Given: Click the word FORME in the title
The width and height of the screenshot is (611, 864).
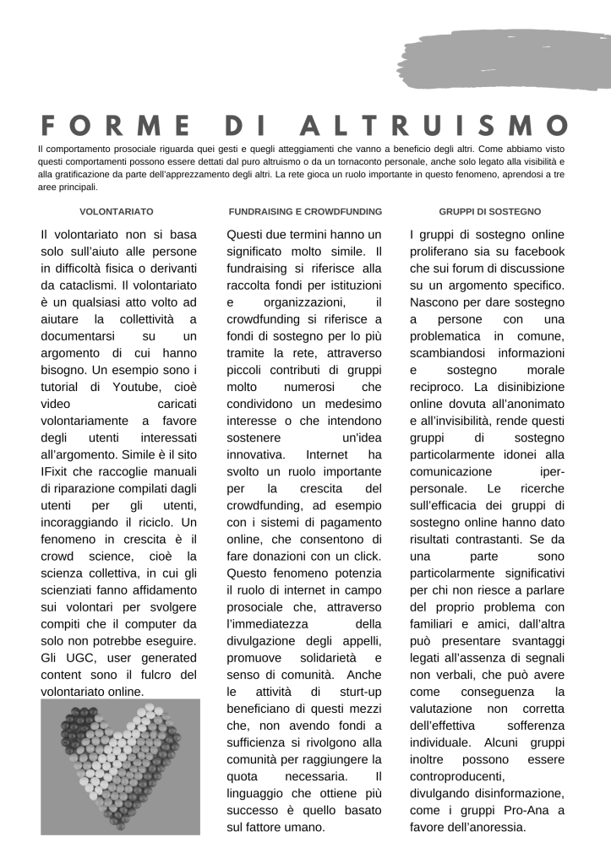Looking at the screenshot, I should pos(117,125).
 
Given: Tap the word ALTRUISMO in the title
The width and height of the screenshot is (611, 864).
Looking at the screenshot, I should pos(434,125).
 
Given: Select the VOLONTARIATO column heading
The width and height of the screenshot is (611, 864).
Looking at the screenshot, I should pos(117,211).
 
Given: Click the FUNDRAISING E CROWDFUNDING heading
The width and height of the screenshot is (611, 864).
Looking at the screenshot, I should pos(305,211).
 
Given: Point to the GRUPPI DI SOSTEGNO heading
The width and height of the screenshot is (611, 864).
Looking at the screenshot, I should pos(490,211).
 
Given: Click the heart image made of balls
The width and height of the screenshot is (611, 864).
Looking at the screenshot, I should pos(120,766).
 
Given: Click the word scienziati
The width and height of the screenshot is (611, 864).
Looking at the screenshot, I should pos(73,589).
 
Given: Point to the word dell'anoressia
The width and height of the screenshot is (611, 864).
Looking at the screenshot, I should pos(487,827).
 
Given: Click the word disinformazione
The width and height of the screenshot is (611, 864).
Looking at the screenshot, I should pos(512,793).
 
